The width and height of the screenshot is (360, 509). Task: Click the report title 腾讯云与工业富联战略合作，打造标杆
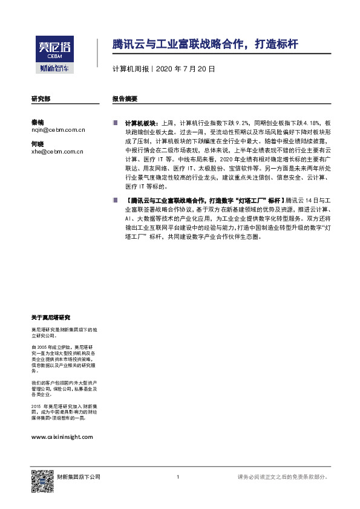205,45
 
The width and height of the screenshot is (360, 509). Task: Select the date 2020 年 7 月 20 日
186,69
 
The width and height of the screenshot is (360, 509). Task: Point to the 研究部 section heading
41,98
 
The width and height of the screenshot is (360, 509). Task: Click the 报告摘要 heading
125,98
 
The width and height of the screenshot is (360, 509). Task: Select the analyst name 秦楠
37,122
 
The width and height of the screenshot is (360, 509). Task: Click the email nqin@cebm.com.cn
58,129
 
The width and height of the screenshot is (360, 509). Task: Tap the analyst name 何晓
37,144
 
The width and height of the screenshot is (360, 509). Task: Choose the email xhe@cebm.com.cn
57,152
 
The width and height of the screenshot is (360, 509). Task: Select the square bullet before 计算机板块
115,122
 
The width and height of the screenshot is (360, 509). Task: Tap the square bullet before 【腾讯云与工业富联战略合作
115,199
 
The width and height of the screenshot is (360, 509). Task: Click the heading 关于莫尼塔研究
50,317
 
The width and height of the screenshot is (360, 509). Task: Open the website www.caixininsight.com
62,436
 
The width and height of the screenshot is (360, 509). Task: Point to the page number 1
177,477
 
